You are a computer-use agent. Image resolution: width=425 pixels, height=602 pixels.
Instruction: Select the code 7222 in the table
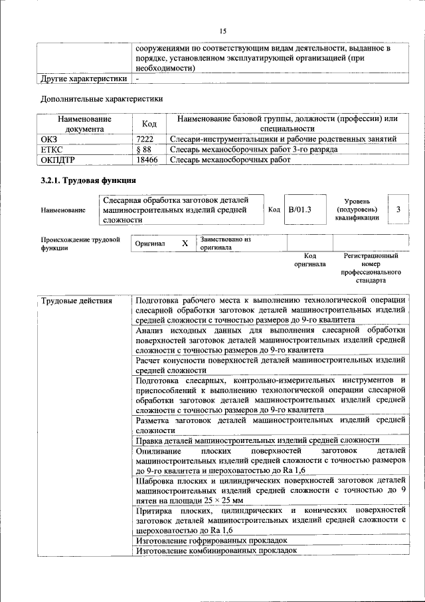pos(145,139)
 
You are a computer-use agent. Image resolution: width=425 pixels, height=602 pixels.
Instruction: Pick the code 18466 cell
pos(146,160)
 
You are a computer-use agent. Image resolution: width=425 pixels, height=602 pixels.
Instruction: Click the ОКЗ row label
pos(50,139)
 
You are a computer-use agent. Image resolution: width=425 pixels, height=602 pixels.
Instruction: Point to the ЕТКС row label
pos(52,150)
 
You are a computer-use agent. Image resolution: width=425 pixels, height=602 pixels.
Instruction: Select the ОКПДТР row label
pos(56,160)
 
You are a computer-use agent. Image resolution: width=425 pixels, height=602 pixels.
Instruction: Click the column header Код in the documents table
pos(149,124)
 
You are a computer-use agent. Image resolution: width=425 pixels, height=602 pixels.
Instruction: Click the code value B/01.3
pos(299,210)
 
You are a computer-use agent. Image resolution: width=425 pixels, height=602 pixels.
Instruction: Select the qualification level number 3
pos(398,210)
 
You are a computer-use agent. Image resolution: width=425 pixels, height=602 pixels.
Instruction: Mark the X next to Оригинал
pos(185,244)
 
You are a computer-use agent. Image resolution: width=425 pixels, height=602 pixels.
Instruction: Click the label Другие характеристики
pos(83,78)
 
